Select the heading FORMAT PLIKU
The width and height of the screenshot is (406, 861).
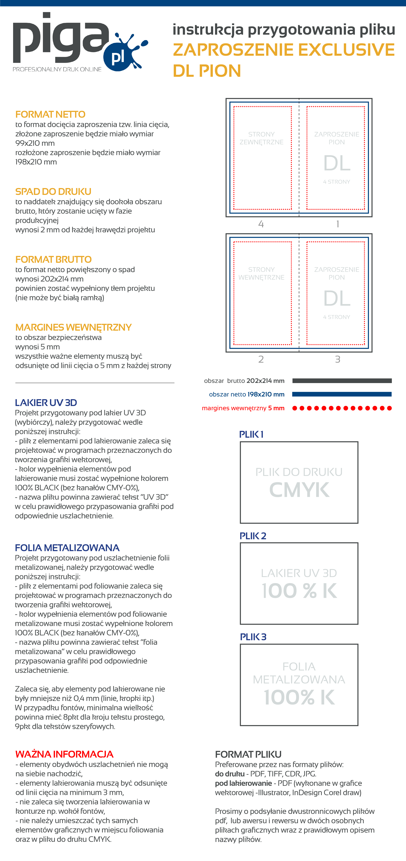click(x=248, y=754)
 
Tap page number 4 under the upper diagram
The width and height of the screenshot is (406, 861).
click(x=261, y=224)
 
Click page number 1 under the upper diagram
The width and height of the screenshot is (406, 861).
click(x=338, y=224)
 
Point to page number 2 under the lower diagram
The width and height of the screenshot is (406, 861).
click(x=261, y=359)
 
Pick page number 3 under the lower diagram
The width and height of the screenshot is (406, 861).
click(x=338, y=359)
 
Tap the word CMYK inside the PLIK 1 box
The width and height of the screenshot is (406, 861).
click(x=299, y=490)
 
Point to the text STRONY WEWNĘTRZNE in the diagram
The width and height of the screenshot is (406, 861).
click(x=261, y=273)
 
